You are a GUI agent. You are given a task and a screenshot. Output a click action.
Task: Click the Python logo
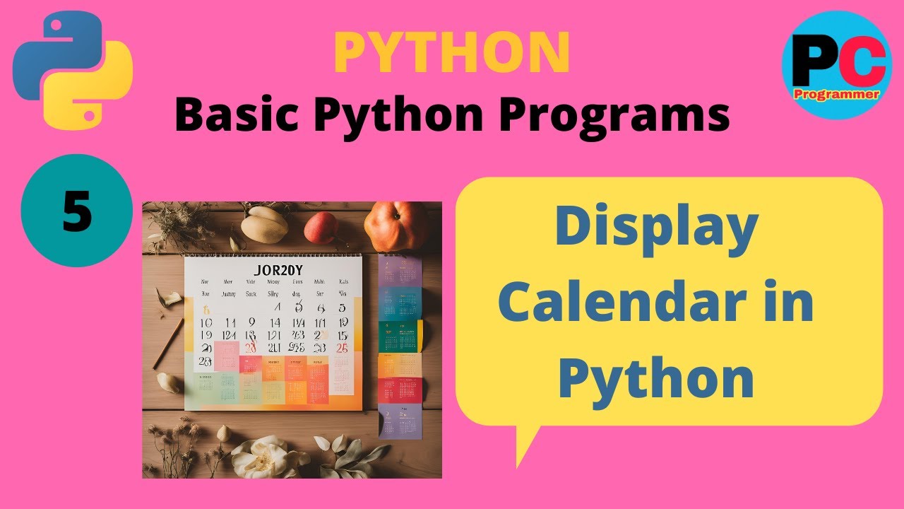(73, 68)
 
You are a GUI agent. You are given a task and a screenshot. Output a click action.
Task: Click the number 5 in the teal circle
(77, 211)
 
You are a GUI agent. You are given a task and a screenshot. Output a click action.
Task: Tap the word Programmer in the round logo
(837, 94)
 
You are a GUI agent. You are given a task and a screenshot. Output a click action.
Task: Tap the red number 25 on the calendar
(342, 348)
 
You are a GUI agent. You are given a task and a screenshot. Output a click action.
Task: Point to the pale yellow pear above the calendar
(264, 225)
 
